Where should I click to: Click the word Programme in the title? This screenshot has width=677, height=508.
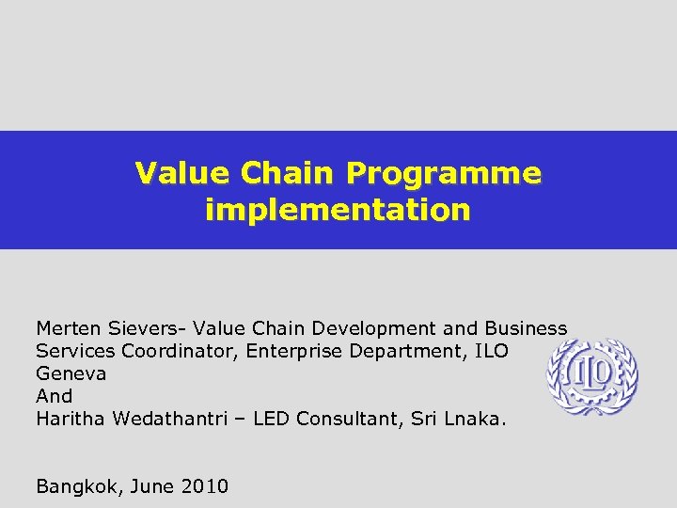pyautogui.click(x=443, y=174)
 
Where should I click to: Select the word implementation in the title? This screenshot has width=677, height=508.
pyautogui.click(x=338, y=209)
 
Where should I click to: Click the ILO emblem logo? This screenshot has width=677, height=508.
pyautogui.click(x=592, y=377)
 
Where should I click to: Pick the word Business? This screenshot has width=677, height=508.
pyautogui.click(x=526, y=328)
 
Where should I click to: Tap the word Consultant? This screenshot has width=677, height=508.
pyautogui.click(x=351, y=419)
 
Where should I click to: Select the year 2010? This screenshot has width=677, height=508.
pyautogui.click(x=204, y=486)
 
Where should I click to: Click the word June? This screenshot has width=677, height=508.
pyautogui.click(x=150, y=486)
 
